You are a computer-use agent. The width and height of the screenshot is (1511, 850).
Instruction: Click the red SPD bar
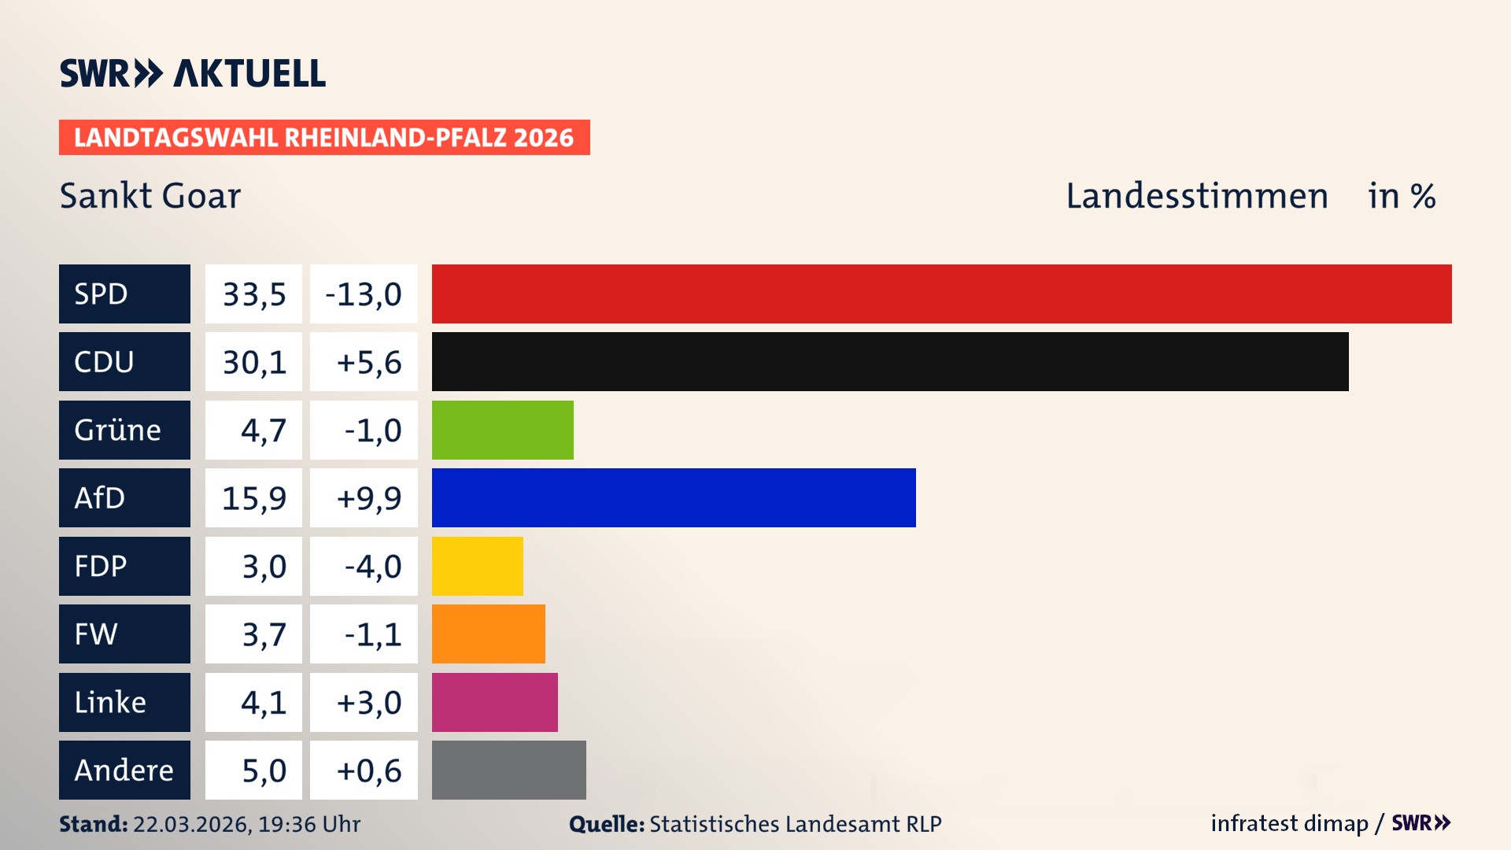[x=941, y=294]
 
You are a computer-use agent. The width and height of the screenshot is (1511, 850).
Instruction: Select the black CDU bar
[x=889, y=361]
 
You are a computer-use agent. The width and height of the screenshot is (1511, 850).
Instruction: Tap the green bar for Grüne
[x=502, y=430]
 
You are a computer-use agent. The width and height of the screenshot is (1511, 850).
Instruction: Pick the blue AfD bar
[x=674, y=497]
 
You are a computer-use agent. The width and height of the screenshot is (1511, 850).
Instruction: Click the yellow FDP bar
[x=477, y=566]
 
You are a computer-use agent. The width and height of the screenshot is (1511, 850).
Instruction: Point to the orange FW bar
[x=488, y=634]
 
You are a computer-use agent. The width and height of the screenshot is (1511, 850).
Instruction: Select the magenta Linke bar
[x=494, y=702]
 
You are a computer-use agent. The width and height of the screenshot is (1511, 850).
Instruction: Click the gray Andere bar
[x=508, y=770]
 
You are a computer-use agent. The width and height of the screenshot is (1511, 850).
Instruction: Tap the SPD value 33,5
[x=253, y=294]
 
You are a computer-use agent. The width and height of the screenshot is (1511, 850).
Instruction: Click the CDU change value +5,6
[x=368, y=362]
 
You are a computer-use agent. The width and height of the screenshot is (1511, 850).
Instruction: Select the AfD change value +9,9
[x=368, y=498]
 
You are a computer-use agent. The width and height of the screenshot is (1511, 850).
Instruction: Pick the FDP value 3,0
[x=264, y=567]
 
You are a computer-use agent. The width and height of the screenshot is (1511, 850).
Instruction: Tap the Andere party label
[x=124, y=770]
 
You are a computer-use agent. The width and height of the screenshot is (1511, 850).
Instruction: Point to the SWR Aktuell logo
[x=192, y=73]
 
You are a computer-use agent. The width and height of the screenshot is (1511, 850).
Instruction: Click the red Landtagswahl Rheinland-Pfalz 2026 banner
[x=324, y=137]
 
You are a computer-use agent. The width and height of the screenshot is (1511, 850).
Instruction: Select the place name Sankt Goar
[x=150, y=195]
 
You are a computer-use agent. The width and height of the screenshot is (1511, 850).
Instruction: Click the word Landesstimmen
[x=1196, y=195]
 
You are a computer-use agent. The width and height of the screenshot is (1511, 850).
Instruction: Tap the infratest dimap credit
[x=1289, y=823]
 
